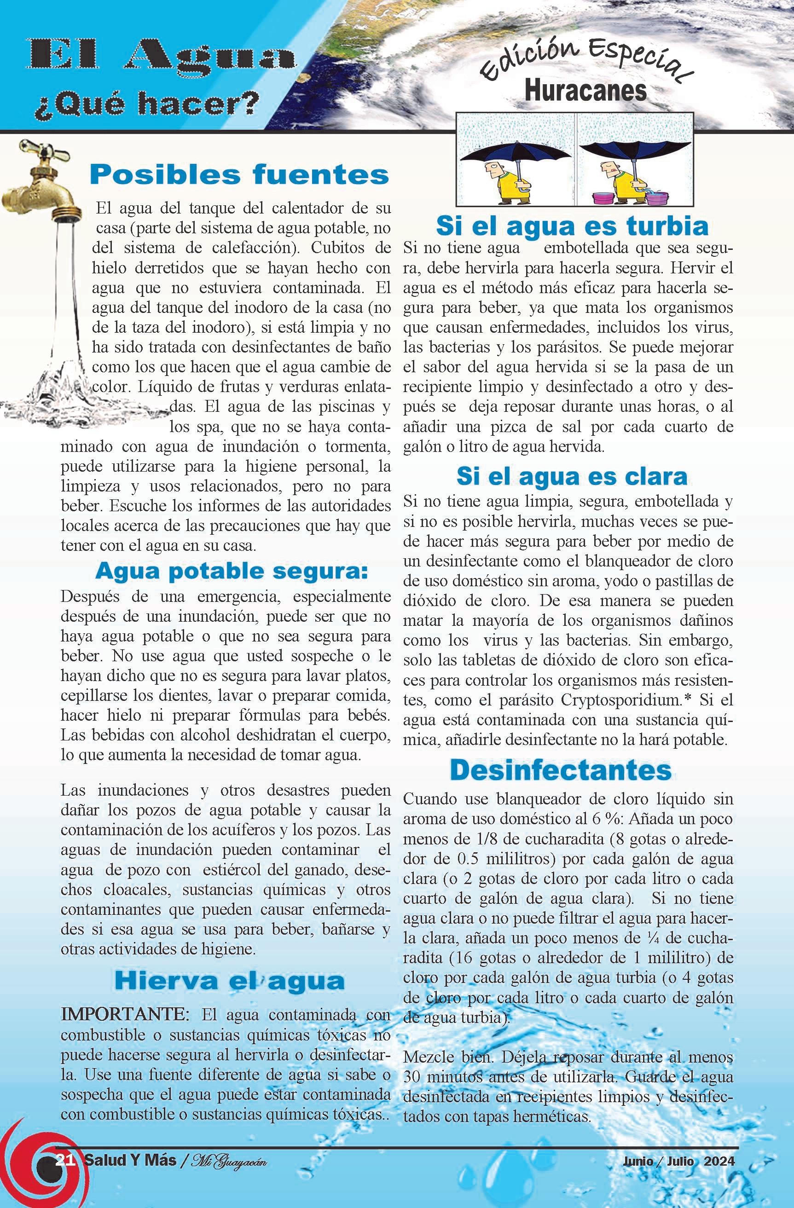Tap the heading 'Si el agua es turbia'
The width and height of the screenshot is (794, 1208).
click(x=572, y=226)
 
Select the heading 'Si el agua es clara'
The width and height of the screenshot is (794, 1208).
click(x=572, y=476)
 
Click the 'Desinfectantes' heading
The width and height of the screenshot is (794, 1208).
click(x=561, y=770)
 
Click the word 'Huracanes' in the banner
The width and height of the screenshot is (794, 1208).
click(x=585, y=92)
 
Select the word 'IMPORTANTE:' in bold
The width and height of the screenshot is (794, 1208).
click(x=125, y=1015)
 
